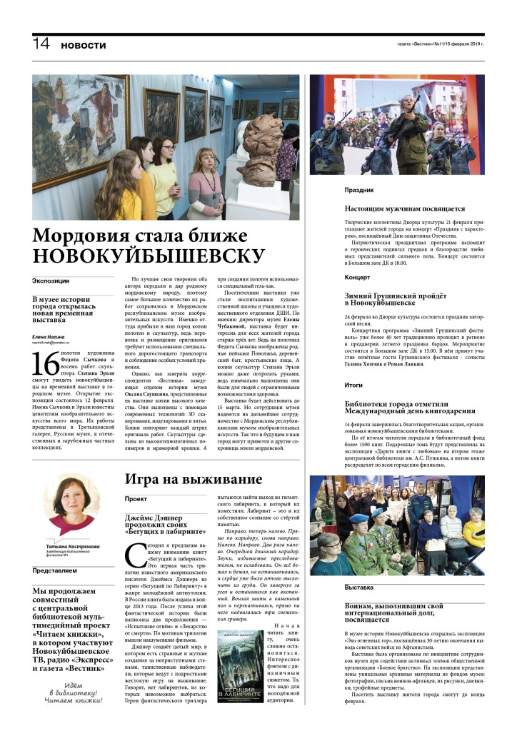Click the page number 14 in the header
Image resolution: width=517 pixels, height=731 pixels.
pos(41,44)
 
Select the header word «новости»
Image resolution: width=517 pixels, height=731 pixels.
pos(83,45)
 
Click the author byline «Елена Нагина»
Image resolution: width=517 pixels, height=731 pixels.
pos(49,337)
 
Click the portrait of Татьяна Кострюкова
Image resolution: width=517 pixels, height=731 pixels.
pos(71,504)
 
